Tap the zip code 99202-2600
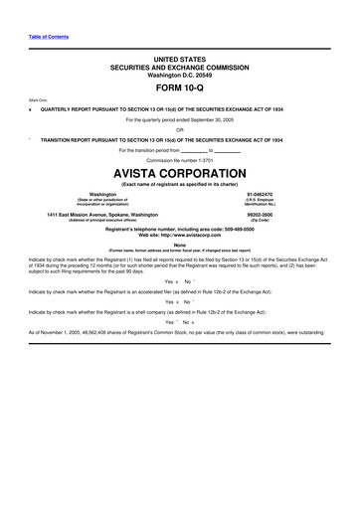267,215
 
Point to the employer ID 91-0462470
267,195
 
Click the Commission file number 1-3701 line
179,157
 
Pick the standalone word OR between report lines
179,129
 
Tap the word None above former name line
179,244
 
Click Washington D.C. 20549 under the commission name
179,75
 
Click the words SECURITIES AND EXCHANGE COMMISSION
179,67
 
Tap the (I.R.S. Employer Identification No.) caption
267,203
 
